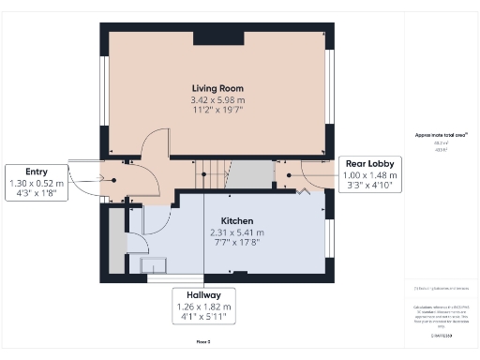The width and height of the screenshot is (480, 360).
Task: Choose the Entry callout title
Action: pos(36,172)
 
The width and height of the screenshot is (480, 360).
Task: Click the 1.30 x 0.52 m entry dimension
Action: pos(36,184)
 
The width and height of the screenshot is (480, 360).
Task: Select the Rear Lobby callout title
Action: pos(369,163)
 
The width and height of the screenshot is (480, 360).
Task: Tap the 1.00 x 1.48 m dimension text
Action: pos(369,174)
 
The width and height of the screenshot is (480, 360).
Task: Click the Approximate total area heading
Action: pos(434,135)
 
